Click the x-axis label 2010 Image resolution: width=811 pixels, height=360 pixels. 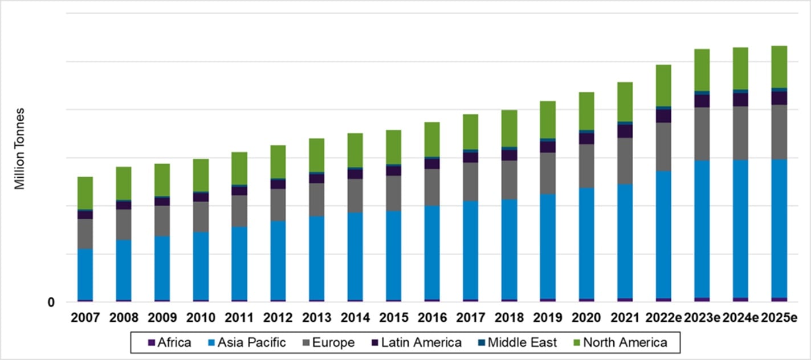point(201,318)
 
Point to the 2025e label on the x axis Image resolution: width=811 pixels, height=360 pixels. point(779,318)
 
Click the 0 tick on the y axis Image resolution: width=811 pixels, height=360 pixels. point(51,302)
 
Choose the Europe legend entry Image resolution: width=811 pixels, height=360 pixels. point(329,343)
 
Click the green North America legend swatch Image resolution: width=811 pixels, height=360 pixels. point(577,343)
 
